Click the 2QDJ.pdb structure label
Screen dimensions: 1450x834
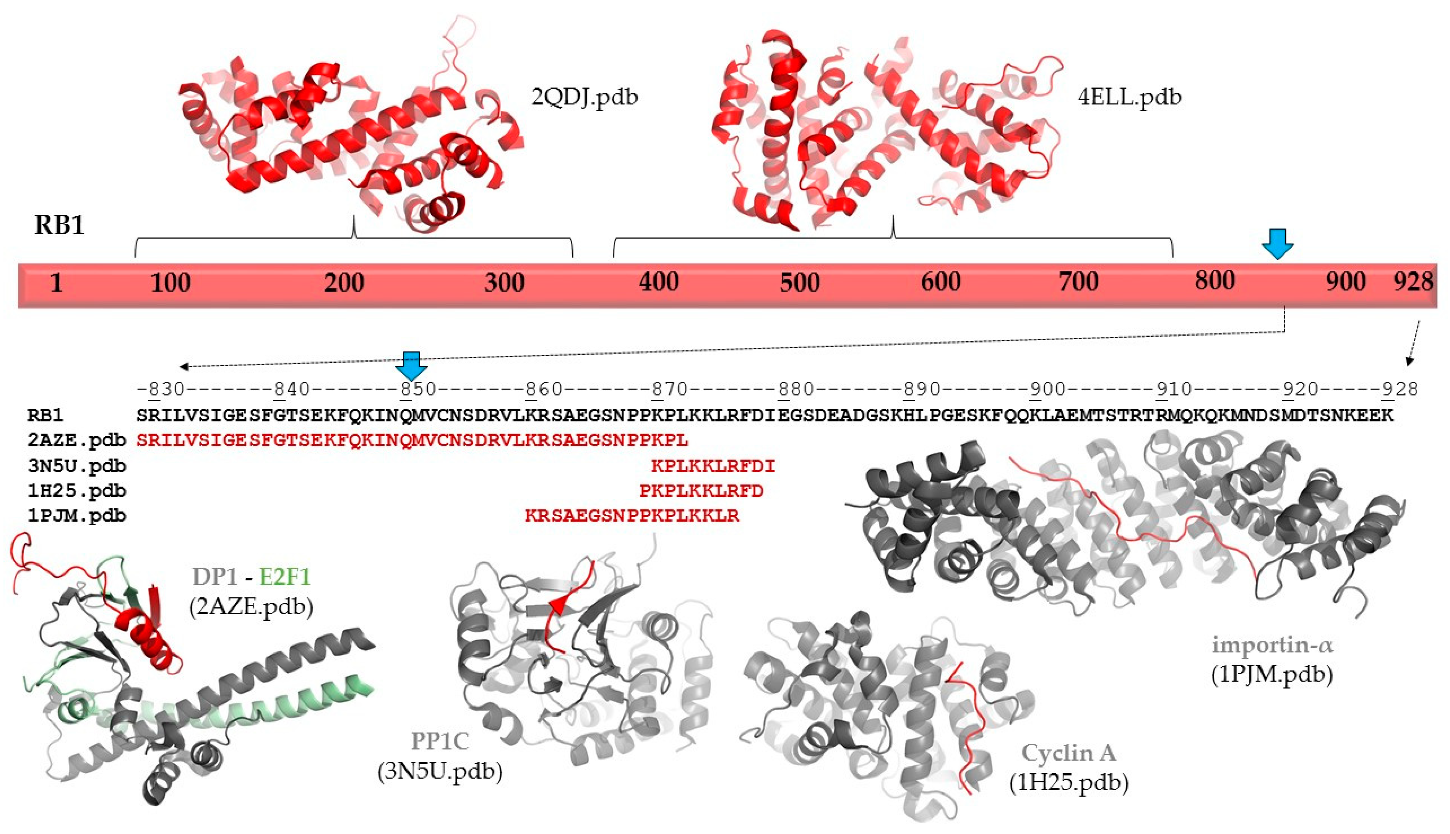(x=585, y=97)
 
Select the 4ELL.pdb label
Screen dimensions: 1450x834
(x=1129, y=97)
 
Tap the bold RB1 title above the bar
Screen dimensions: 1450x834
(x=60, y=225)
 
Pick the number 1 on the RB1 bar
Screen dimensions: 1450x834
(x=56, y=283)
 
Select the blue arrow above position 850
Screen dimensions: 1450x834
(x=411, y=365)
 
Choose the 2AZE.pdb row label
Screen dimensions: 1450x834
(x=77, y=440)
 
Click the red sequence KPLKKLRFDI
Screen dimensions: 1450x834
(x=713, y=466)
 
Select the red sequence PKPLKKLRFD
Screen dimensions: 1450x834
(x=701, y=491)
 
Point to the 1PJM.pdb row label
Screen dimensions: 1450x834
(x=77, y=516)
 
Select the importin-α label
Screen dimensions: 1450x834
(x=1272, y=646)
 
